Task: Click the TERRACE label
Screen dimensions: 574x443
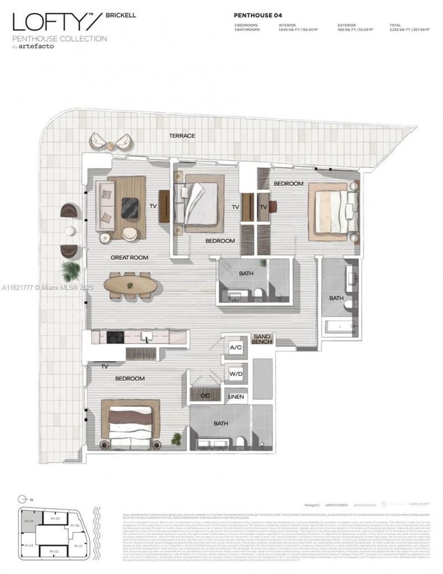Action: pos(182,136)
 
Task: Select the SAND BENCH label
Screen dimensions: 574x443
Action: pos(262,339)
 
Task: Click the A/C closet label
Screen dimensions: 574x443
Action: pos(235,347)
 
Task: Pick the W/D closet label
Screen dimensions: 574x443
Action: pos(235,373)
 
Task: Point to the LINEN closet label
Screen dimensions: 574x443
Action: pos(235,397)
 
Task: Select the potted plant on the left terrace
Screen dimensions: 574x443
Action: pos(70,270)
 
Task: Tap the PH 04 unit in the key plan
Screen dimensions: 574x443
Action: pos(29,521)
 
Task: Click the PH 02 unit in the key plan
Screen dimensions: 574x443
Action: pos(54,551)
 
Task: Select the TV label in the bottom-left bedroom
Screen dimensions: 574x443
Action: pos(104,366)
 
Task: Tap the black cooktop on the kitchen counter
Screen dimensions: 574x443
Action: pos(115,336)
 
